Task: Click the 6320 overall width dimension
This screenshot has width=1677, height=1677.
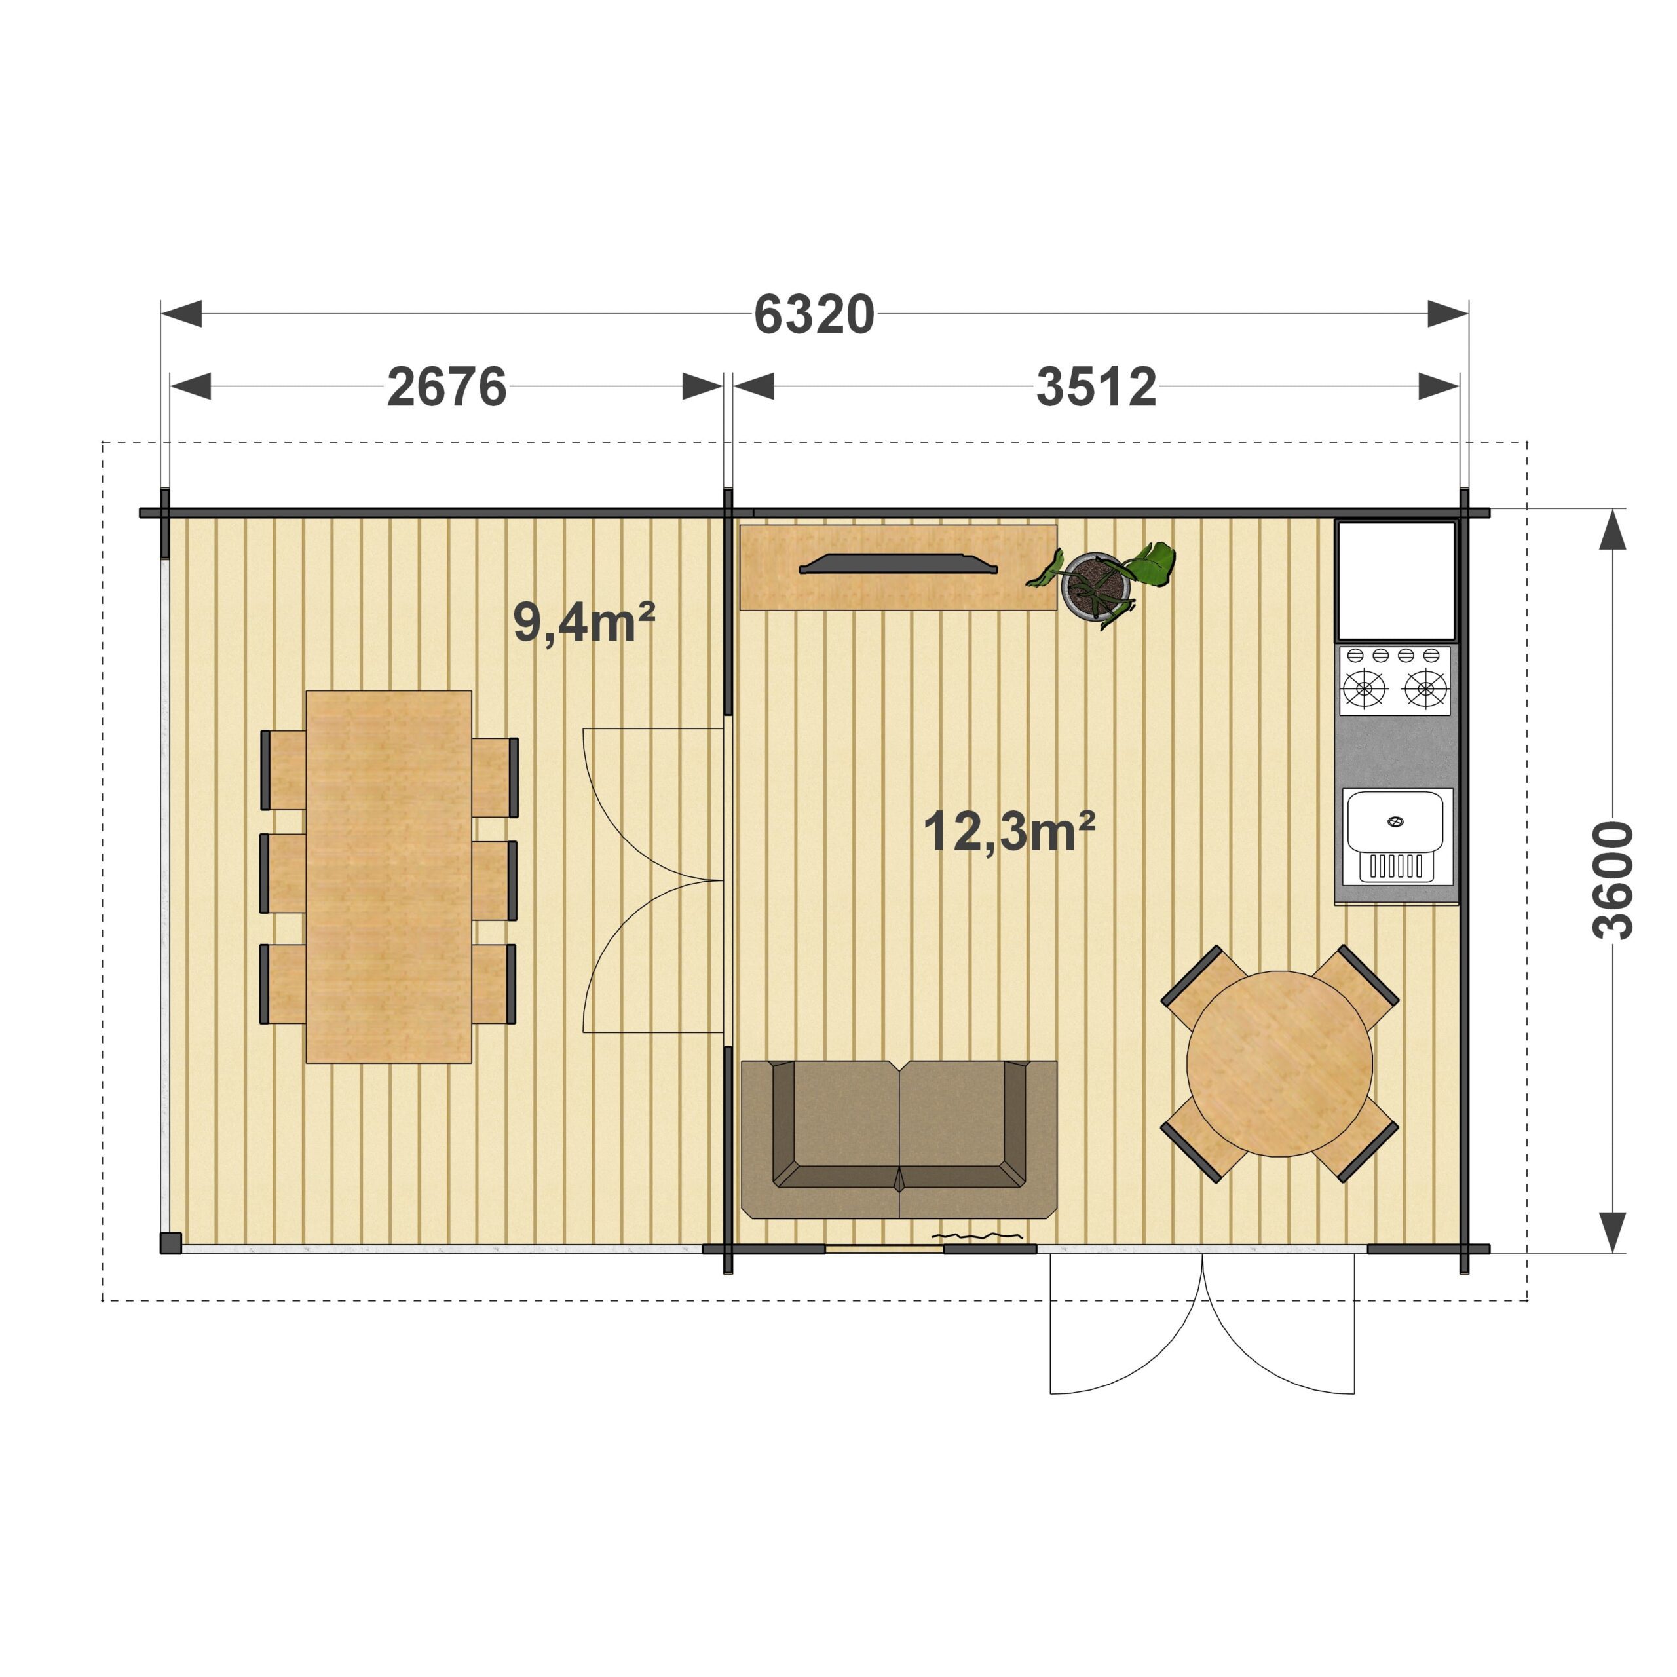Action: (x=814, y=314)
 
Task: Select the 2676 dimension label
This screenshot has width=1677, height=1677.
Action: (x=446, y=387)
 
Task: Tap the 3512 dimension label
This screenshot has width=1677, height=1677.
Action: (x=1097, y=387)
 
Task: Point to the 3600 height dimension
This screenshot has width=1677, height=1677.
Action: (x=1613, y=880)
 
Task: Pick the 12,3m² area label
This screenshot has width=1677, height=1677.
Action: (x=1009, y=831)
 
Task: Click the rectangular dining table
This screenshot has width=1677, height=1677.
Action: (x=389, y=876)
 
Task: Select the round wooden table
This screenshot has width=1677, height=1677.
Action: (x=1279, y=1063)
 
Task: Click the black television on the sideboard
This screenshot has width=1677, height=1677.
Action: (x=898, y=563)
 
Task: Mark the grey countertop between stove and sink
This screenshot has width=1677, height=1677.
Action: (x=1395, y=751)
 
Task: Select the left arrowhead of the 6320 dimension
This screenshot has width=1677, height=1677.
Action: (x=181, y=314)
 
